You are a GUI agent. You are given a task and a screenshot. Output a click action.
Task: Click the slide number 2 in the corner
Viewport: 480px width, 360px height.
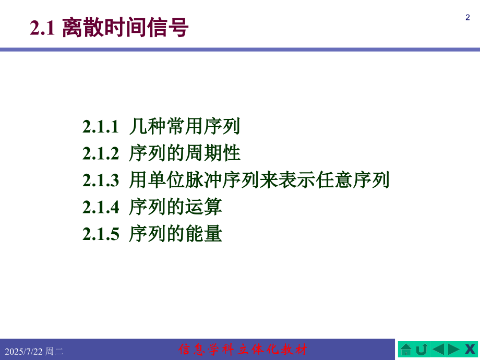click(x=467, y=18)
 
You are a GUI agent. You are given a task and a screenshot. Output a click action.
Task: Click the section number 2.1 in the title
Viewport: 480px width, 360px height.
click(x=42, y=28)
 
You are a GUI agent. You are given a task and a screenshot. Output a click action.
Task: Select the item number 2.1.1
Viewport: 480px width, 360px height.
click(x=101, y=127)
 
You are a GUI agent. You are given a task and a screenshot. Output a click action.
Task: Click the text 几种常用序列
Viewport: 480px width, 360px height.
click(x=185, y=126)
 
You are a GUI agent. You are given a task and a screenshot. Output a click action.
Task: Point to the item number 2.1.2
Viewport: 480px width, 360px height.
click(x=101, y=154)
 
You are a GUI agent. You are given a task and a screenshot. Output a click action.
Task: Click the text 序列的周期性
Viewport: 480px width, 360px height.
click(x=185, y=153)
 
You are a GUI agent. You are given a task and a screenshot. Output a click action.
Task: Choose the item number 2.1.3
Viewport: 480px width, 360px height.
click(x=101, y=181)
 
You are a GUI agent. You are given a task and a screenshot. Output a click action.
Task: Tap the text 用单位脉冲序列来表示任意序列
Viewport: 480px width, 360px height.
click(x=259, y=181)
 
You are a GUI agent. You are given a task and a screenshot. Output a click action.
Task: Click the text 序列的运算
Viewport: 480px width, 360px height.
click(x=175, y=208)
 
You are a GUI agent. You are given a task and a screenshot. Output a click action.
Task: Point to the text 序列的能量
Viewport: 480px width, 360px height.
click(x=175, y=234)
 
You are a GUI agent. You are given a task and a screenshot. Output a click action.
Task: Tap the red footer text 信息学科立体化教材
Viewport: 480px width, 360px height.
click(x=243, y=349)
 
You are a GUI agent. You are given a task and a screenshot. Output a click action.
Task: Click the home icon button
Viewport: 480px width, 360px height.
click(x=406, y=349)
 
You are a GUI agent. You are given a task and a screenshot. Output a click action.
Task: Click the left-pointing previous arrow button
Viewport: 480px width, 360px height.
click(x=438, y=349)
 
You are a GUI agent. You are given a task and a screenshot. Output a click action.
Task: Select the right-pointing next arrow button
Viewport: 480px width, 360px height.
click(x=454, y=349)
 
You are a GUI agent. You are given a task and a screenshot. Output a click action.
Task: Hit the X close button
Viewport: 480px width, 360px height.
click(x=470, y=349)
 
